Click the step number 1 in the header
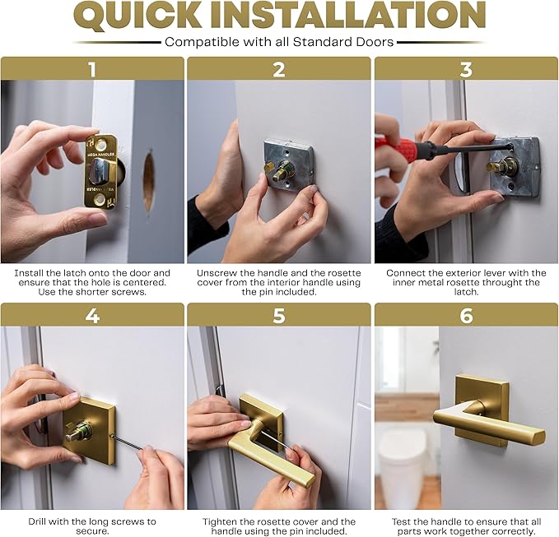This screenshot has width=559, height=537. click(x=92, y=69)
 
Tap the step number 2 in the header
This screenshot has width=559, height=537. click(x=279, y=69)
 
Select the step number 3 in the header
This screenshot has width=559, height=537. click(x=466, y=69)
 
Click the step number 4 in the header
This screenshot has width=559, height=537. click(x=92, y=315)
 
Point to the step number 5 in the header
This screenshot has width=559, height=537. click(x=279, y=315)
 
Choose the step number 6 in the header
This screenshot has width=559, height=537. click(x=466, y=315)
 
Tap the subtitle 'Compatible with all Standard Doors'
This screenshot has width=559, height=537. click(x=279, y=42)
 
